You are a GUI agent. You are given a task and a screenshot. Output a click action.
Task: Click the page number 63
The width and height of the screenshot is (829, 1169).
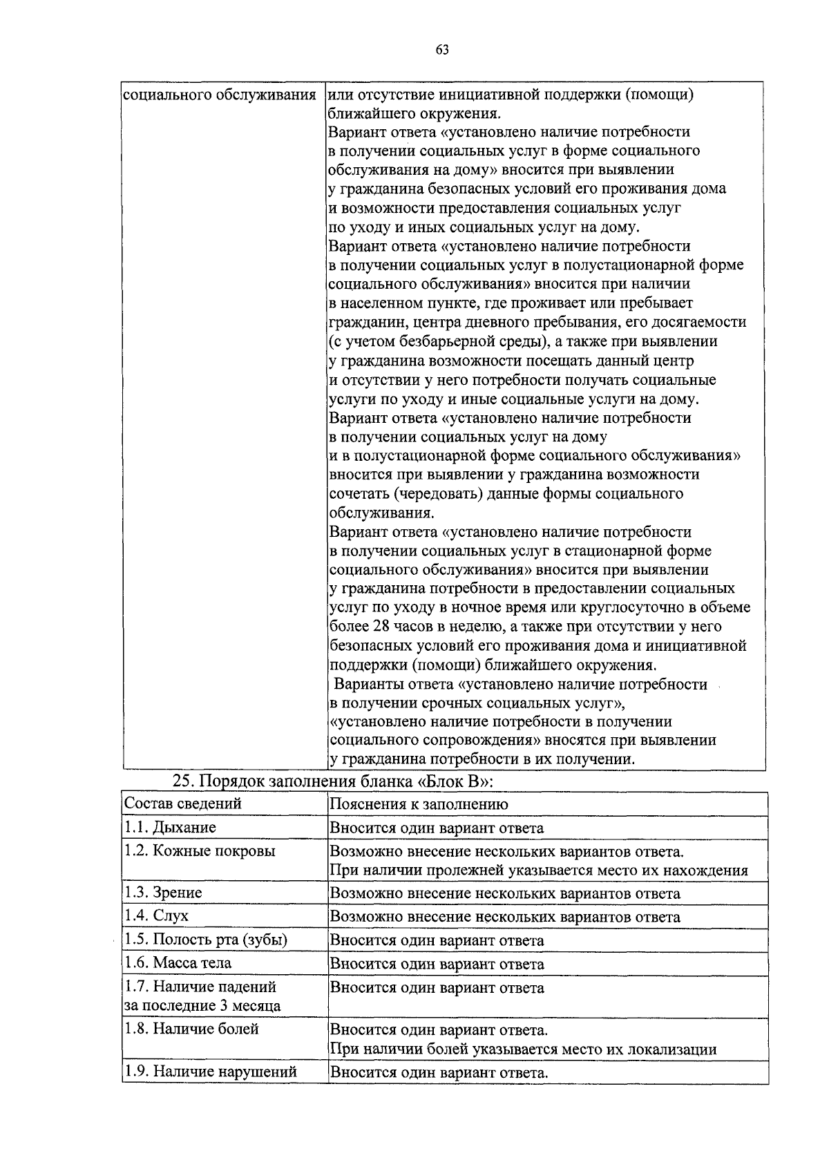[x=443, y=49]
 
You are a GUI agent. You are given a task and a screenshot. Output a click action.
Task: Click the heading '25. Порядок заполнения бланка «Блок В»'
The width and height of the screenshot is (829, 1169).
[x=334, y=781]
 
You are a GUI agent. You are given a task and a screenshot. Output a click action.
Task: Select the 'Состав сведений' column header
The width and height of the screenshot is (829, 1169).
[x=182, y=804]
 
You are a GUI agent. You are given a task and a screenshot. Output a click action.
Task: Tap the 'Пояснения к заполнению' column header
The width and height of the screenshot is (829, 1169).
[x=419, y=804]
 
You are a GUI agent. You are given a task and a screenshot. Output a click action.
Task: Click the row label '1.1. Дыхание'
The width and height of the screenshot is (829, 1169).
[x=169, y=827]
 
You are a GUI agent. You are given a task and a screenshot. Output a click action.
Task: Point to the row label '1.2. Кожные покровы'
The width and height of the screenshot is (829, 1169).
[x=199, y=850]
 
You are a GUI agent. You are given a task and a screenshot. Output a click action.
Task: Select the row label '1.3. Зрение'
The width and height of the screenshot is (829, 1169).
[x=162, y=893]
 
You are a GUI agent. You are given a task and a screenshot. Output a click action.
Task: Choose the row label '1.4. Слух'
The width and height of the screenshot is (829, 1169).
[x=155, y=916]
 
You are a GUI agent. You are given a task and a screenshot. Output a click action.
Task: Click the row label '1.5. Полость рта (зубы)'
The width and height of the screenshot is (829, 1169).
[x=205, y=940]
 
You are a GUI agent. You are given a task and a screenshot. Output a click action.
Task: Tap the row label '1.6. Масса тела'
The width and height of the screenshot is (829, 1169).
[x=177, y=963]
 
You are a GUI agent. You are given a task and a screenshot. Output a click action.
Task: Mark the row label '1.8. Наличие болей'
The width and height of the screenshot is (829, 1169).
[x=191, y=1029]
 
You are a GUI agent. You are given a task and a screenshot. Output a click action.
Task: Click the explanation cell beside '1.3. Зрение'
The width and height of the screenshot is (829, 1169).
[x=505, y=893]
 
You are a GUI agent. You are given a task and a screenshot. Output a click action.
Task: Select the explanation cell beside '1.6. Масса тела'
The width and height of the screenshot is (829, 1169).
[x=437, y=964]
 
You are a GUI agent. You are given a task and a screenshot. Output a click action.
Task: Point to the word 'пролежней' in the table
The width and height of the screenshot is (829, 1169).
[x=465, y=871]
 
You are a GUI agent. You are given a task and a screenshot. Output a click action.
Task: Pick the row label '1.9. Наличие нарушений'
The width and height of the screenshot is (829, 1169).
[x=210, y=1072]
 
